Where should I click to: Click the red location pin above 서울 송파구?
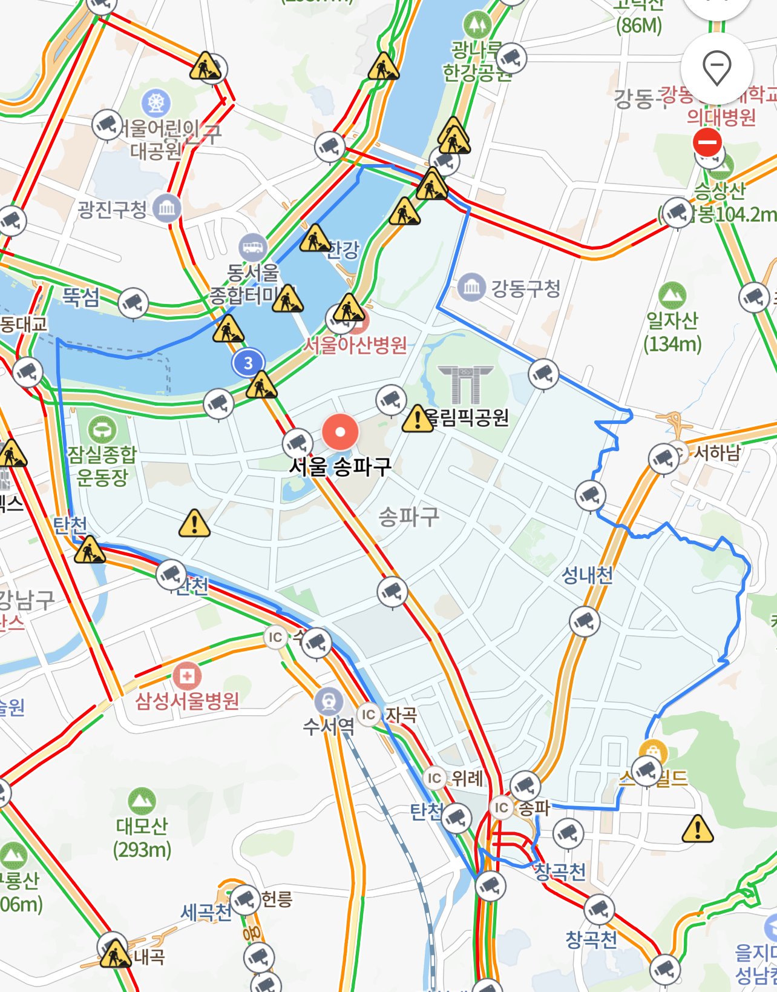pyautogui.click(x=340, y=432)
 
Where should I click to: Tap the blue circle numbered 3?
pyautogui.click(x=248, y=363)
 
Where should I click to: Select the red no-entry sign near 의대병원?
pyautogui.click(x=707, y=143)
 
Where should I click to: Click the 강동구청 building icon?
pyautogui.click(x=471, y=288)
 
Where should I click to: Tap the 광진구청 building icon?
pyautogui.click(x=166, y=209)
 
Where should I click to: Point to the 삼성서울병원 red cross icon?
pyautogui.click(x=187, y=675)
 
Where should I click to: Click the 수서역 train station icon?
pyautogui.click(x=329, y=702)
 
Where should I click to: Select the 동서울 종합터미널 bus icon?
pyautogui.click(x=252, y=247)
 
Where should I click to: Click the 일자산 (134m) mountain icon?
pyautogui.click(x=672, y=296)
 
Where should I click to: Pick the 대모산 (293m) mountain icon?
pyautogui.click(x=142, y=801)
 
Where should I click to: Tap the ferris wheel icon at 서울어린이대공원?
pyautogui.click(x=156, y=103)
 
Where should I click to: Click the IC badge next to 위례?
pyautogui.click(x=434, y=778)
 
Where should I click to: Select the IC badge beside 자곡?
pyautogui.click(x=369, y=715)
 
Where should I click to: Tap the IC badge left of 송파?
pyautogui.click(x=502, y=807)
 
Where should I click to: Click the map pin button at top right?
pyautogui.click(x=716, y=68)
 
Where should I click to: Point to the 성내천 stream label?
pyautogui.click(x=587, y=575)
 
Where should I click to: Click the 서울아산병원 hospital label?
pyautogui.click(x=355, y=345)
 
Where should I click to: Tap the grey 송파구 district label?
pyautogui.click(x=408, y=517)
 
